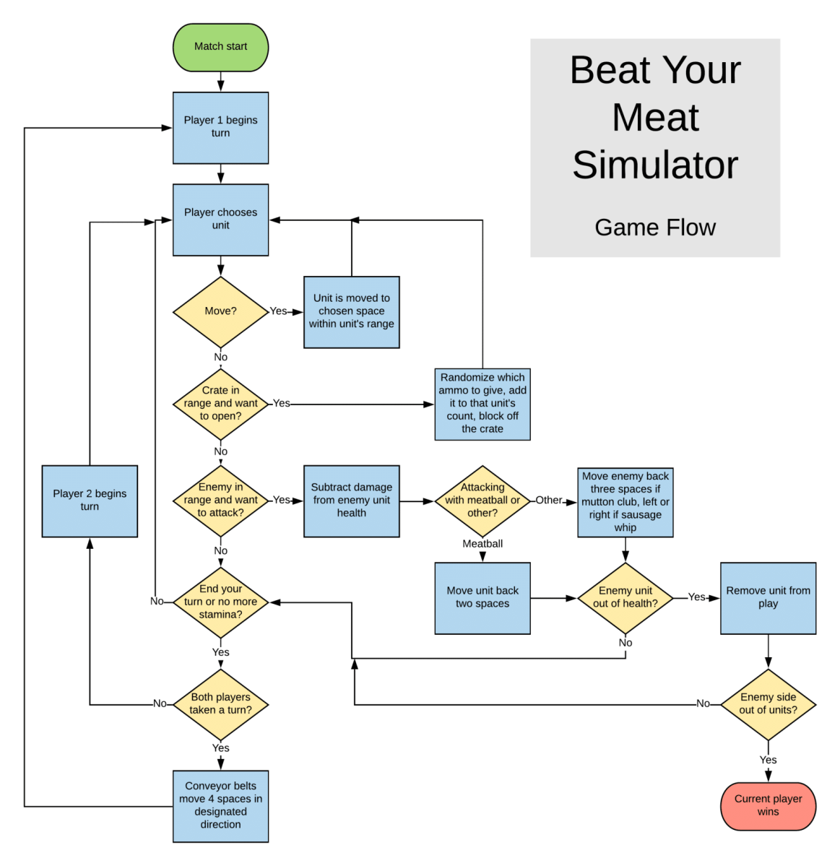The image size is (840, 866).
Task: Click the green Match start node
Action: [x=220, y=47]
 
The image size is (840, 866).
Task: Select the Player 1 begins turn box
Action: [x=220, y=127]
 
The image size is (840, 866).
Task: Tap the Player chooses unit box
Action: [x=220, y=219]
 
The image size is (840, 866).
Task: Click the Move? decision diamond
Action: [x=220, y=311]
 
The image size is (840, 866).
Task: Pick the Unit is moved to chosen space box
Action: [x=351, y=311]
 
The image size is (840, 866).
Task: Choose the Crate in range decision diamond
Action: [x=220, y=403]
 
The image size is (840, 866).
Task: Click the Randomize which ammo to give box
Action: [x=482, y=403]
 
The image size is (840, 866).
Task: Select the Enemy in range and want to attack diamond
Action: [x=220, y=500]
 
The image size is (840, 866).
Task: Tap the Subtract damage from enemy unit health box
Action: [x=351, y=500]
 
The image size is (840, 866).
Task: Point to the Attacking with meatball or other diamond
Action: [x=482, y=500]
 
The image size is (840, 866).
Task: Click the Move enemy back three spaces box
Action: [x=625, y=501]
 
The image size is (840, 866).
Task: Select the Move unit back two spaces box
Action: [x=482, y=597]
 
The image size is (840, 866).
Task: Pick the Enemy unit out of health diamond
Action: [x=625, y=597]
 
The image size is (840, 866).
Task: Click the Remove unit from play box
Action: [x=768, y=597]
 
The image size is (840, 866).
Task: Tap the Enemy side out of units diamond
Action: [x=768, y=703]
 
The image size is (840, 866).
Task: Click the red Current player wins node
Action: [x=768, y=805]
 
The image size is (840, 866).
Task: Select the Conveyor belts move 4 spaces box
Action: [x=220, y=805]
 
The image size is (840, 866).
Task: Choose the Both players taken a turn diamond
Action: [x=220, y=703]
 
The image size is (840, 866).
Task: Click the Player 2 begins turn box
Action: [x=90, y=500]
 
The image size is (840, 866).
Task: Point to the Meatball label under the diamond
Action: [x=482, y=544]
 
